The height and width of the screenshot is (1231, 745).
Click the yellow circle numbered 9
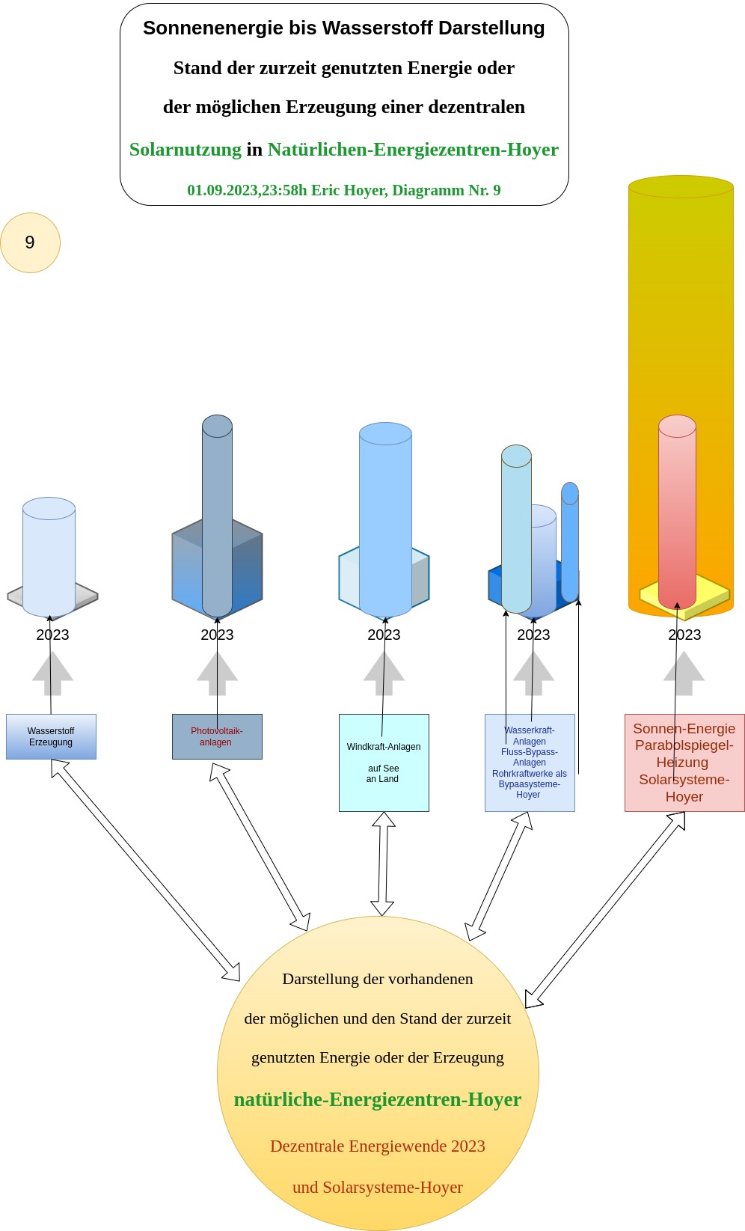click(x=30, y=242)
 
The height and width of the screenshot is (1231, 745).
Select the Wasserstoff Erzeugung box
click(x=51, y=737)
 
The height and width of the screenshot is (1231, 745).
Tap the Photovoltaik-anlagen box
click(x=217, y=737)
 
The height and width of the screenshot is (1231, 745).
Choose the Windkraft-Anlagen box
click(x=384, y=763)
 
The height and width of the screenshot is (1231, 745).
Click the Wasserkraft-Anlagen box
click(x=530, y=763)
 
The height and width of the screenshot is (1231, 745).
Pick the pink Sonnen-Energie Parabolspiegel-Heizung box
click(x=684, y=763)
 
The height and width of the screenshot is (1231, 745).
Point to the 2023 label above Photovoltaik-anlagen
click(x=217, y=635)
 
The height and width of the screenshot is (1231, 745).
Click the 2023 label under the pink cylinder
click(x=684, y=635)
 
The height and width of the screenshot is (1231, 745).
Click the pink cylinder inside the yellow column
click(x=677, y=509)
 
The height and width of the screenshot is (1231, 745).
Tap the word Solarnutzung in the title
click(x=186, y=150)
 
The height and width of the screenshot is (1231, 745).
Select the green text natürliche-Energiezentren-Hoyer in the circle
click(x=378, y=1099)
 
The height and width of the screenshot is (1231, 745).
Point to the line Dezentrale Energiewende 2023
click(x=378, y=1146)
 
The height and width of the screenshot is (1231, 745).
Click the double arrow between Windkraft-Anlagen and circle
click(x=383, y=864)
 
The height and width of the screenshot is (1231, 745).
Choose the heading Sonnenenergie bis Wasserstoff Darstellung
click(x=344, y=28)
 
